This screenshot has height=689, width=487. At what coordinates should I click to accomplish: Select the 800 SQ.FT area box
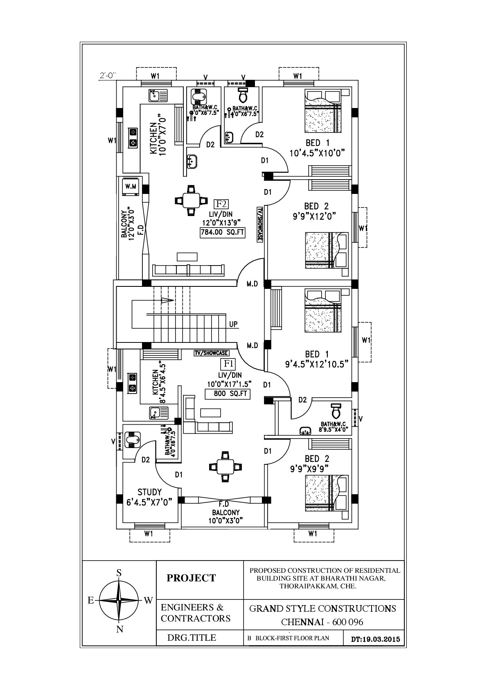tap(228, 394)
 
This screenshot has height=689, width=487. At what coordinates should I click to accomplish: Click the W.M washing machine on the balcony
tap(131, 187)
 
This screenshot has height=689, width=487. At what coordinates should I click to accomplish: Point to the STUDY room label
tap(149, 492)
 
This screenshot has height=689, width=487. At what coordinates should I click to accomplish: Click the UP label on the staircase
tap(233, 324)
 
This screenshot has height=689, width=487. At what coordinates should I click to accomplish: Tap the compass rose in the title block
tap(119, 600)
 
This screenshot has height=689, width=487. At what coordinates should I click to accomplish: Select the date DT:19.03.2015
tap(375, 639)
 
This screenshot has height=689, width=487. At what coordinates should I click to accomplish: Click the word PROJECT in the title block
tap(191, 578)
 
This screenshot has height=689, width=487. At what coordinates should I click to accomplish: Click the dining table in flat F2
tap(190, 200)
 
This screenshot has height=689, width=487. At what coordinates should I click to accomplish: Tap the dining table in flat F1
tap(225, 466)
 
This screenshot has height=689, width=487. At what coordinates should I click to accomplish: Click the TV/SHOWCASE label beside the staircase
tap(211, 353)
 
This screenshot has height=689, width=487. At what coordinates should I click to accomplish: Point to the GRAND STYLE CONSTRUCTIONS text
tap(322, 608)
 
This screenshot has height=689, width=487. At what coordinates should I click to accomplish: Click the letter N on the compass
tap(119, 630)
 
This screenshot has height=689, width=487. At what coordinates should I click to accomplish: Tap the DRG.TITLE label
tap(192, 637)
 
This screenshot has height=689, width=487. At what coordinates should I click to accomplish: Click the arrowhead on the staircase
tap(167, 300)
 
